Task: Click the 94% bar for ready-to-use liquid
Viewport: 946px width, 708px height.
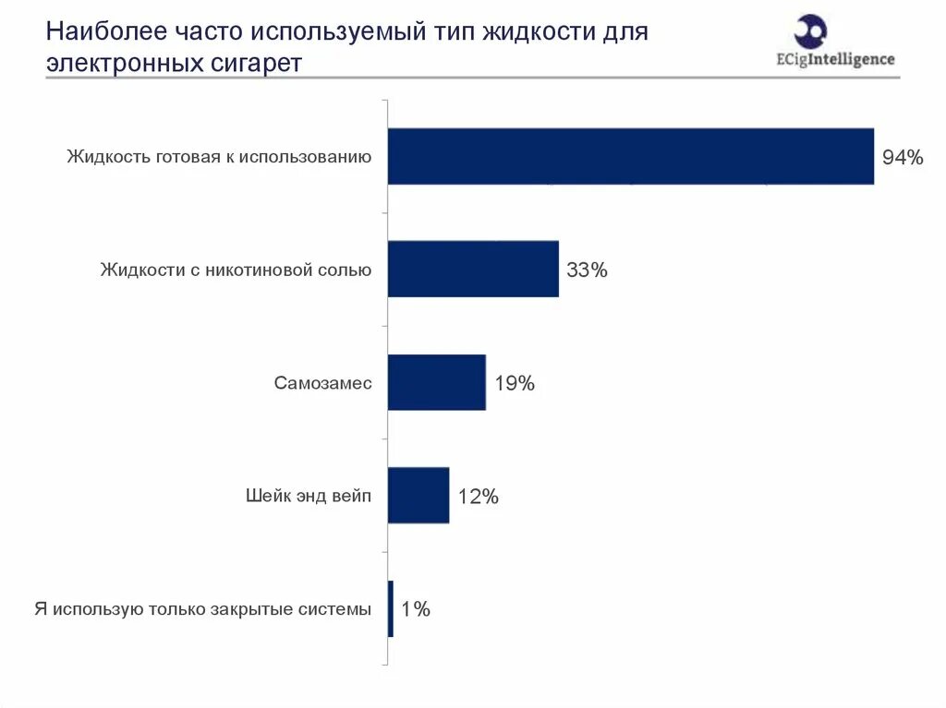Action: tap(630, 156)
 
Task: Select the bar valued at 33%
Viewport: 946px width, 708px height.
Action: tap(473, 269)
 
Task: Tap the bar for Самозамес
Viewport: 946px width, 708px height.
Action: tap(437, 382)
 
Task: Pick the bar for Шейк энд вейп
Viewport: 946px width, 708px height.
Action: tap(418, 495)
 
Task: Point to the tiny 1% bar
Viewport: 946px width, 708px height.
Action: tap(391, 608)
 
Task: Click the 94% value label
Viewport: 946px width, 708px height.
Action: tap(903, 158)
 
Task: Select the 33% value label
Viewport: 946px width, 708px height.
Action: tap(587, 270)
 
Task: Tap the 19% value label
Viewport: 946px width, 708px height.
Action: tap(515, 383)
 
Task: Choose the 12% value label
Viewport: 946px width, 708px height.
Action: tap(478, 497)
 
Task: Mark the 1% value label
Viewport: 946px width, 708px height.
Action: tap(416, 609)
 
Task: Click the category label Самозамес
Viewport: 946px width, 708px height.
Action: tap(322, 383)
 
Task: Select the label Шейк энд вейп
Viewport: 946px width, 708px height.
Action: tap(309, 496)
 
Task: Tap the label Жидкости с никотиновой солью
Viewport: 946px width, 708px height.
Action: tap(236, 270)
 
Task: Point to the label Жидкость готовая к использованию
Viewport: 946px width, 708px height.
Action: tap(219, 157)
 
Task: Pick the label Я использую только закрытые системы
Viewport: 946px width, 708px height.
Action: tap(202, 609)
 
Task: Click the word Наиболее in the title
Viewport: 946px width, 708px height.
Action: tap(106, 31)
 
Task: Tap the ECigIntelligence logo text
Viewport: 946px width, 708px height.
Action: tap(835, 59)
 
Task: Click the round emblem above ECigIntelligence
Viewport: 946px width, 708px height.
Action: tap(810, 31)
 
